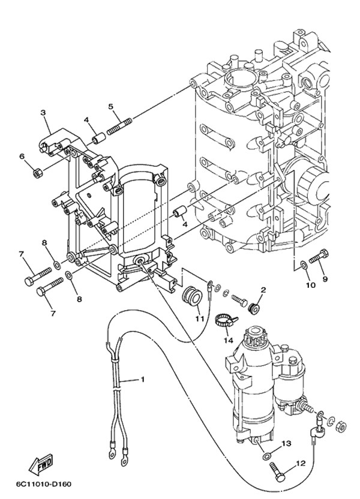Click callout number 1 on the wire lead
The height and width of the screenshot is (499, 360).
(x=143, y=379)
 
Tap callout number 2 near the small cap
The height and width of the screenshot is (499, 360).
(x=262, y=290)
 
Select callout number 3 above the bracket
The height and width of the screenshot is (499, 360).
(x=43, y=112)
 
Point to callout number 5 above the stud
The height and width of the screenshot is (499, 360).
(x=111, y=107)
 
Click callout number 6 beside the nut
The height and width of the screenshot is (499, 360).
(x=22, y=157)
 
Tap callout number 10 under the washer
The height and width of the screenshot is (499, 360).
(x=310, y=285)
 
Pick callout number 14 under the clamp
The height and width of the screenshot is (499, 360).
(x=227, y=339)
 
